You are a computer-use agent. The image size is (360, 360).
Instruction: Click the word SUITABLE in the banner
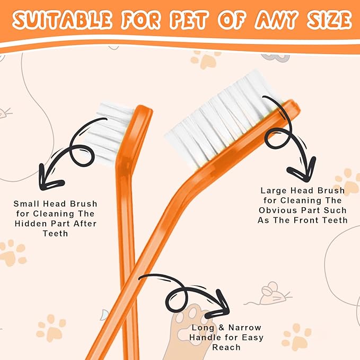tap(62, 20)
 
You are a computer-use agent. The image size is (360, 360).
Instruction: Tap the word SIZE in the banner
tap(329, 20)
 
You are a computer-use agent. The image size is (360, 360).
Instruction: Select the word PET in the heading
tap(190, 20)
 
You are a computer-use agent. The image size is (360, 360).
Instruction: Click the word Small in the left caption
tap(27, 204)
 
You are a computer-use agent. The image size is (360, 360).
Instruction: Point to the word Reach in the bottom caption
tap(226, 347)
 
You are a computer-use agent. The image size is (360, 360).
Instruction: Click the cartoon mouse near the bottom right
tap(271, 294)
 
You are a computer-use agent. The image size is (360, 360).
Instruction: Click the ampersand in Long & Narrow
tap(221, 328)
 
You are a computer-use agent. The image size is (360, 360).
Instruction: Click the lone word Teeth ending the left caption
tap(55, 233)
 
